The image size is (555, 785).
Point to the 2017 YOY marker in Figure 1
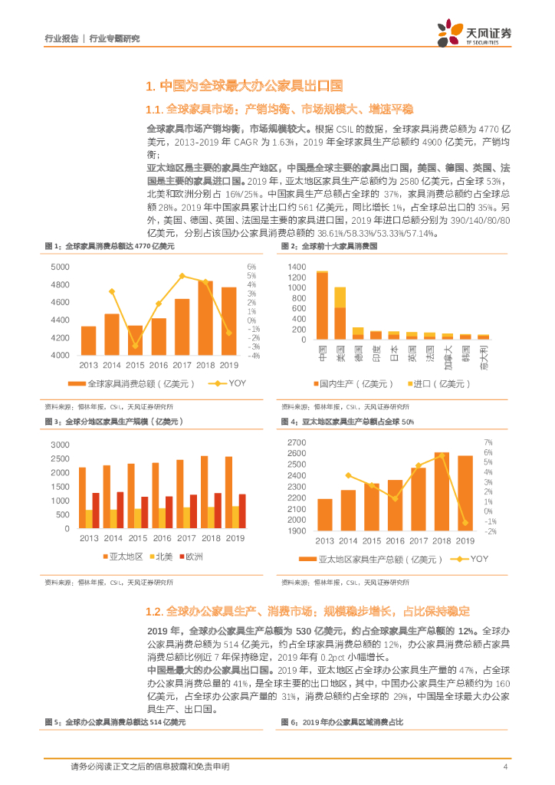point(182,276)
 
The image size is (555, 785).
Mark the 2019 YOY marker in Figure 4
point(465,523)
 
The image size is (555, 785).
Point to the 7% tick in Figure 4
point(488,443)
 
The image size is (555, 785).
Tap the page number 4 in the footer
point(505,767)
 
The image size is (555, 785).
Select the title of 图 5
point(115,722)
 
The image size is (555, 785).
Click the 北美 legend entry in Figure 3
point(159,556)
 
